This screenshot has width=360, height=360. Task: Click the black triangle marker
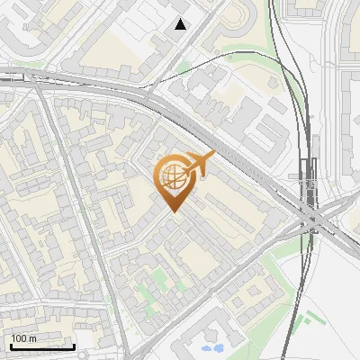(181, 24)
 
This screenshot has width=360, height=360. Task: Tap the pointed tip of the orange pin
(173, 211)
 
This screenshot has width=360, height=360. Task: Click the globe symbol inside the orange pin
(173, 177)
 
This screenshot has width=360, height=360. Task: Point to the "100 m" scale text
(24, 338)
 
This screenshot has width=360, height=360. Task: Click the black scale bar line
(41, 346)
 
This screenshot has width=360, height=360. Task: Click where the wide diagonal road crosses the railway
(311, 217)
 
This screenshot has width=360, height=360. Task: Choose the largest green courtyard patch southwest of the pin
(144, 292)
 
